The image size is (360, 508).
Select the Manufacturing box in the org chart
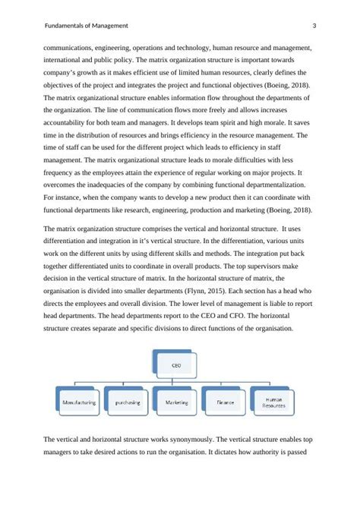pos(78,402)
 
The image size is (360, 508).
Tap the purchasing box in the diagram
pos(128,402)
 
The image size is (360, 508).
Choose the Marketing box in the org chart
pos(178,402)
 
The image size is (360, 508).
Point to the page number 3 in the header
pos(314,27)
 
